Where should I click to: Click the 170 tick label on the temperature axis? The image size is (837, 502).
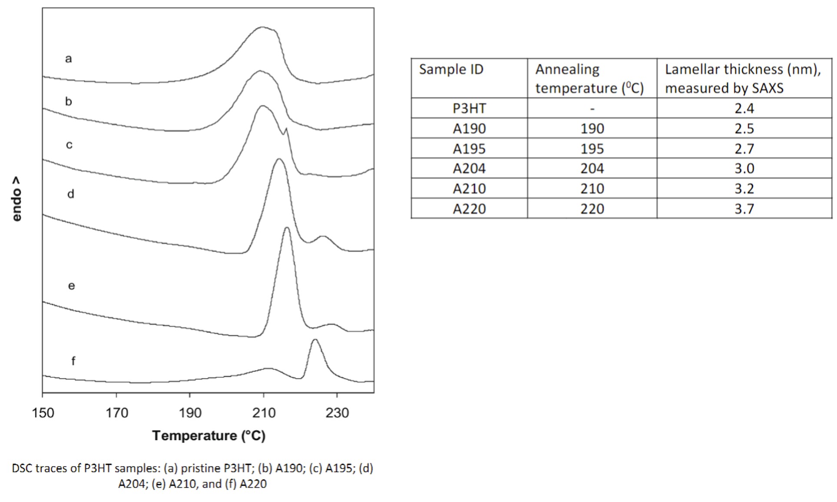[116, 412]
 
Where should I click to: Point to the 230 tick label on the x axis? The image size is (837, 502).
[337, 412]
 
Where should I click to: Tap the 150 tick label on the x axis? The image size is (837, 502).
[43, 412]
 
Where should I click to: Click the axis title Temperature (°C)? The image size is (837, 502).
[208, 436]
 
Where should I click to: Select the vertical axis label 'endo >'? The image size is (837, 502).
[17, 199]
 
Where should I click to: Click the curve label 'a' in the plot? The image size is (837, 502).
[68, 58]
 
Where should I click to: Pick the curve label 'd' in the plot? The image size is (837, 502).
[70, 194]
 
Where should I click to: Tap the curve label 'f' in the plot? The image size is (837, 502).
[73, 361]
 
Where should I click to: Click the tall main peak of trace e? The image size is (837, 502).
[286, 228]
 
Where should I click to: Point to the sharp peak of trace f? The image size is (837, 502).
[315, 340]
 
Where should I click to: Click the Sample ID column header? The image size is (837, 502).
[451, 70]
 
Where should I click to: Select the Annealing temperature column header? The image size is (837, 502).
[589, 79]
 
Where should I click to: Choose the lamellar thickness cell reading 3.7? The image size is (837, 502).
[744, 209]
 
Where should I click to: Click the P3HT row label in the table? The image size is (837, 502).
[469, 108]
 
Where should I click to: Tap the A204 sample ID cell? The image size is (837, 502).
[469, 168]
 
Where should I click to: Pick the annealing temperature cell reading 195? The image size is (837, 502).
[592, 149]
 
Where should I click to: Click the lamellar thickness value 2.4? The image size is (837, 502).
[744, 108]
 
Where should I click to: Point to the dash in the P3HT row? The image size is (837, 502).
[592, 109]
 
